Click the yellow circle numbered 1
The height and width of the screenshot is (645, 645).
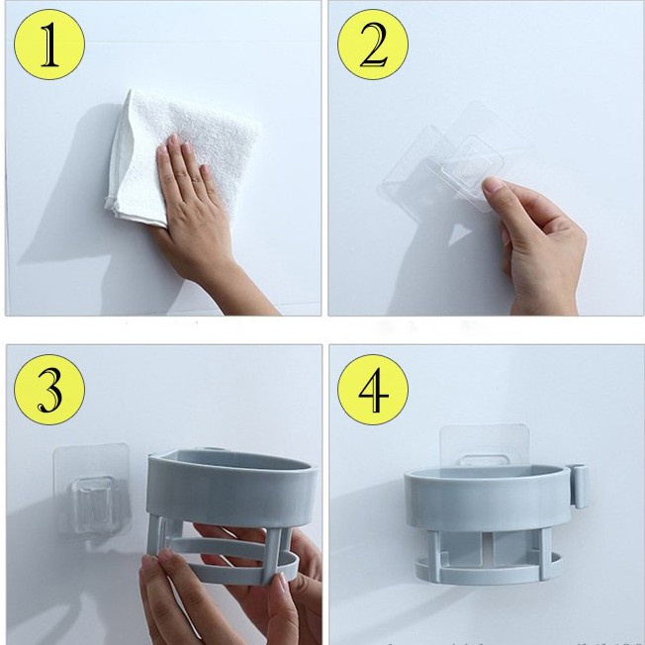click(x=49, y=45)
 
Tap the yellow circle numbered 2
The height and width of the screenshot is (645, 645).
click(x=373, y=45)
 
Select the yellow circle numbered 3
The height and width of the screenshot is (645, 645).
click(x=49, y=390)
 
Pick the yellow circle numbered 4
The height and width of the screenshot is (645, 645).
click(x=373, y=390)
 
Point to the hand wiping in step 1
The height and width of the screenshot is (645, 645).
click(x=193, y=206)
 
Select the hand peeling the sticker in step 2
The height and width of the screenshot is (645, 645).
click(x=535, y=242)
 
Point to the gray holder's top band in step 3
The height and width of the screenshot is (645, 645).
click(x=231, y=490)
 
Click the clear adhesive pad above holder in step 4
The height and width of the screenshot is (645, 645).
click(x=485, y=446)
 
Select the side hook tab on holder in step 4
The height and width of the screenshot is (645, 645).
click(x=580, y=486)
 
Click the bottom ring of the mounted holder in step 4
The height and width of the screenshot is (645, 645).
click(x=488, y=571)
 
